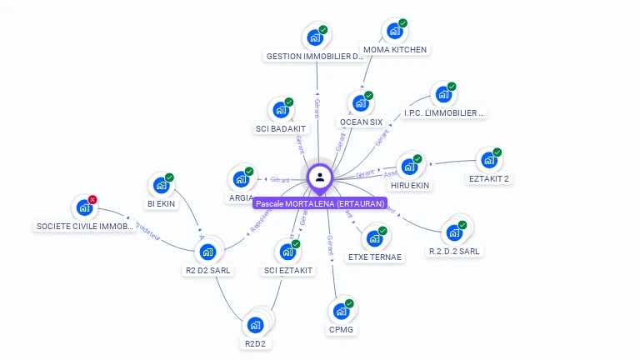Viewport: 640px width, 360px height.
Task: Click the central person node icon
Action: pyautogui.click(x=320, y=177)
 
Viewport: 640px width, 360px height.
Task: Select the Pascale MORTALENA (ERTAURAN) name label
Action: pyautogui.click(x=320, y=203)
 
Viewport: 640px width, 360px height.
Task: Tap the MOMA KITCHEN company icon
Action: pyautogui.click(x=393, y=32)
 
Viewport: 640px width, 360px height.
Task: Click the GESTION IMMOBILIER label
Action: pyautogui.click(x=315, y=57)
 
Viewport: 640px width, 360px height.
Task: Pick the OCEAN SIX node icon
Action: pyautogui.click(x=359, y=104)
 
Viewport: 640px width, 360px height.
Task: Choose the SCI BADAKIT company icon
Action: pyautogui.click(x=280, y=112)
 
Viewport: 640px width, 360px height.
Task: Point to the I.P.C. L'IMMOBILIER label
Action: pyautogui.click(x=444, y=112)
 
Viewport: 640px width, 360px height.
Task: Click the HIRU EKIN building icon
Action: pyautogui.click(x=409, y=166)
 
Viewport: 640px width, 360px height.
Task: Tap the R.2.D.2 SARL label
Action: pyautogui.click(x=455, y=251)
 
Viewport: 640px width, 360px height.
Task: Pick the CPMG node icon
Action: pyautogui.click(x=340, y=312)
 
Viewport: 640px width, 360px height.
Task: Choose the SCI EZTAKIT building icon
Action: pyautogui.click(x=287, y=252)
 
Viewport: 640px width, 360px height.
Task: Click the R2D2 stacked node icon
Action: pyautogui.click(x=255, y=324)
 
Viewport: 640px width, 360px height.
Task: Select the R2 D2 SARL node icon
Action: pyautogui.click(x=207, y=252)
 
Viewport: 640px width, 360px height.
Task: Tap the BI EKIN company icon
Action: pyautogui.click(x=160, y=186)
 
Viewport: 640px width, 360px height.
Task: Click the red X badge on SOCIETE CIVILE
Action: pyautogui.click(x=92, y=200)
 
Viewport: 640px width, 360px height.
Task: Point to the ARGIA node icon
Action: pyautogui.click(x=240, y=180)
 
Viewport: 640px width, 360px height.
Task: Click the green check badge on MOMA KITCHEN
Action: pyautogui.click(x=403, y=23)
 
